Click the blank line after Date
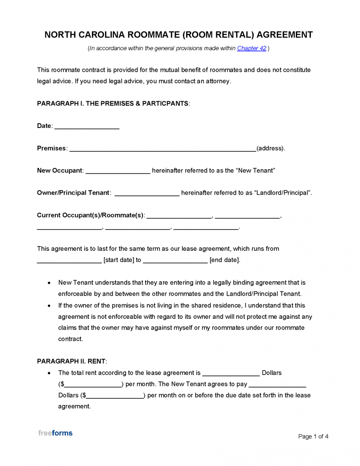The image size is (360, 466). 87,127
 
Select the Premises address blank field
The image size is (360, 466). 162,149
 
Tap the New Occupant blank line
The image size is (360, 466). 118,171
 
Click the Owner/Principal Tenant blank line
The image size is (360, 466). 147,194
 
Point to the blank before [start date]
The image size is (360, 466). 69,261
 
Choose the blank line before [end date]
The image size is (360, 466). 175,261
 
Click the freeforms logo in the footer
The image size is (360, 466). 55,433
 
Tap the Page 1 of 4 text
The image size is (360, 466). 313,436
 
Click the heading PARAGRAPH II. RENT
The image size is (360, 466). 72,361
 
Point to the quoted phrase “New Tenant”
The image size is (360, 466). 255,171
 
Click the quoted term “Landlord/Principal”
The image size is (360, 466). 282,193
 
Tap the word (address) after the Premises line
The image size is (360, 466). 270,149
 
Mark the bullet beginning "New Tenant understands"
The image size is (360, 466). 50,284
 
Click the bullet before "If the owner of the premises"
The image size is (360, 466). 50,306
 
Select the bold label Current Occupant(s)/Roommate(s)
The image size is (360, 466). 90,216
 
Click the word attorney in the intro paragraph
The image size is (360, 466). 217,81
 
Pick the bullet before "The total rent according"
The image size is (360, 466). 50,373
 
